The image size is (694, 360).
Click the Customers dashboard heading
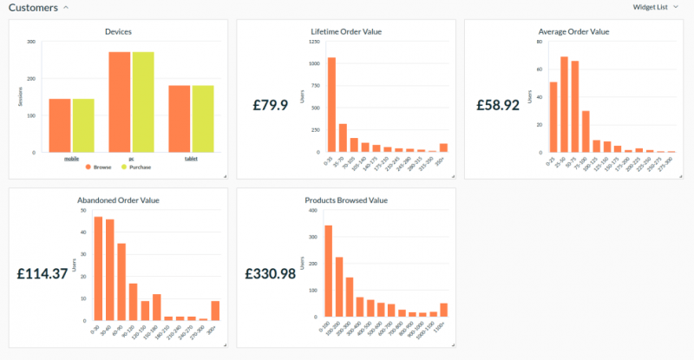33,8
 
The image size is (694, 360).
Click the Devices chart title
119,31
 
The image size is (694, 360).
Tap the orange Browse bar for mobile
60,125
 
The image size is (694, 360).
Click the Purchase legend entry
138,167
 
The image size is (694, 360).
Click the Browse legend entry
100,167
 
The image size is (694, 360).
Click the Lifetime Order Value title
346,31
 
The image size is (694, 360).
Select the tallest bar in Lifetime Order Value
331,104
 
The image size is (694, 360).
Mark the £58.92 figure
498,105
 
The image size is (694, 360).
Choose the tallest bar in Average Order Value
564,104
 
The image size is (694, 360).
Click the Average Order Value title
573,31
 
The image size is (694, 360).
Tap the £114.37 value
43,273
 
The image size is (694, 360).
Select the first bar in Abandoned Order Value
98,268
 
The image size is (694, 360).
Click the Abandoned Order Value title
118,200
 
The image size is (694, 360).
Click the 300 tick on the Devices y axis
32,42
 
